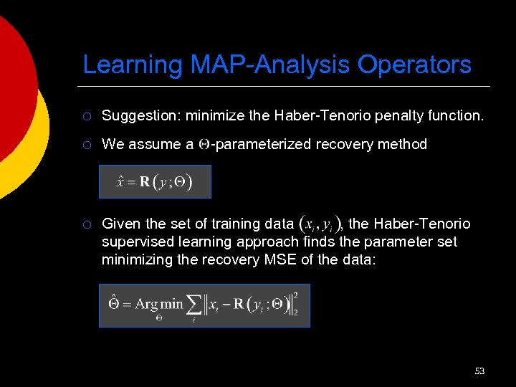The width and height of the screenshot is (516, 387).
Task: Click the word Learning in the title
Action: point(133,64)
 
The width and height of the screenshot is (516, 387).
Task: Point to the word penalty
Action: point(384,115)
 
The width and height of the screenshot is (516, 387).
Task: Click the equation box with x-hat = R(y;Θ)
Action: point(155,181)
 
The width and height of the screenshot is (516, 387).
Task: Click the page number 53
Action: point(479,371)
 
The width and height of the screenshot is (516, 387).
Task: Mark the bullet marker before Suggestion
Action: point(86,116)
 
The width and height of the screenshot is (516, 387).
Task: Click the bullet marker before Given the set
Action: point(86,225)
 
